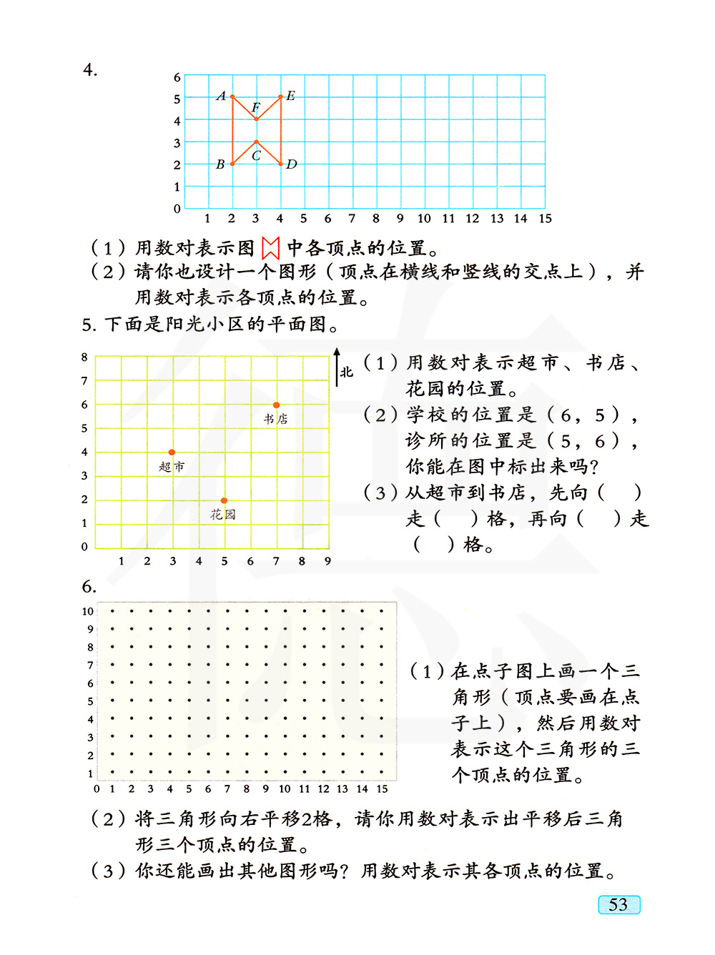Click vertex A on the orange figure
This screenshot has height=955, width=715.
pyautogui.click(x=232, y=97)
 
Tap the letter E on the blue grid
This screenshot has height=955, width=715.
pyautogui.click(x=290, y=96)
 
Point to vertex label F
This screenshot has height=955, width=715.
pyautogui.click(x=256, y=108)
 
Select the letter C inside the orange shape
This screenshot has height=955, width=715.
pyautogui.click(x=256, y=155)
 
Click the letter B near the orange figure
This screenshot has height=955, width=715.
pyautogui.click(x=220, y=164)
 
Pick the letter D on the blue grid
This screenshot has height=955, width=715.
pyautogui.click(x=292, y=164)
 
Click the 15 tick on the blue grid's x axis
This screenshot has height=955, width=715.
pyautogui.click(x=545, y=219)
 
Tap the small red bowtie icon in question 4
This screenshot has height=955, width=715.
pyautogui.click(x=270, y=248)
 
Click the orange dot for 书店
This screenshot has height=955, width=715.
pyautogui.click(x=277, y=405)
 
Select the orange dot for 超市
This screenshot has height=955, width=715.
pyautogui.click(x=172, y=452)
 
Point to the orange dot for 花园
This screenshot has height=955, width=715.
pyautogui.click(x=224, y=500)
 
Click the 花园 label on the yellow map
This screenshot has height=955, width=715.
pyautogui.click(x=223, y=515)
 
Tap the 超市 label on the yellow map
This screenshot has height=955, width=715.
pyautogui.click(x=172, y=467)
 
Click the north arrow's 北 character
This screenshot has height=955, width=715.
pyautogui.click(x=347, y=372)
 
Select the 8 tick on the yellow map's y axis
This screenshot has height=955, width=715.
pyautogui.click(x=84, y=357)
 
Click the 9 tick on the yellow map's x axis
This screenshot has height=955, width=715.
pyautogui.click(x=327, y=561)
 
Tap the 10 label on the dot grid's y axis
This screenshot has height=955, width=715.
pyautogui.click(x=87, y=611)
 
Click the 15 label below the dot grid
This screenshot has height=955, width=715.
pyautogui.click(x=382, y=789)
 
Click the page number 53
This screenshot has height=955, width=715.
pyautogui.click(x=618, y=905)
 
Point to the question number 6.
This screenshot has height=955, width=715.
pyautogui.click(x=89, y=587)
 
